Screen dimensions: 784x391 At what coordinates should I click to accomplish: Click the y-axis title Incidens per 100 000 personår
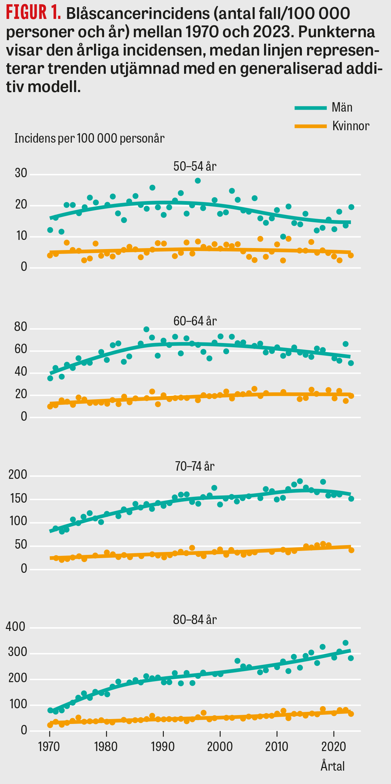(89, 138)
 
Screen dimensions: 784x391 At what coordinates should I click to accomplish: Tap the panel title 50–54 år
(195, 166)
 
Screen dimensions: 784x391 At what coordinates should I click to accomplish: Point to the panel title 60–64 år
(195, 321)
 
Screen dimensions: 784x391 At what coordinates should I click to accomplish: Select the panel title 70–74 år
(195, 466)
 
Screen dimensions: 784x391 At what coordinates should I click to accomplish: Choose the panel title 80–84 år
(195, 619)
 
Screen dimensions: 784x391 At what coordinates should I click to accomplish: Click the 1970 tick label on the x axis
(49, 746)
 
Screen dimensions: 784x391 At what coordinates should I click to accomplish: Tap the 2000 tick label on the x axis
(220, 746)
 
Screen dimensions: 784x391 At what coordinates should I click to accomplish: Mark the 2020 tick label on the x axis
(334, 746)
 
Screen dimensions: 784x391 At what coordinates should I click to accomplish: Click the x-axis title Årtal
(333, 766)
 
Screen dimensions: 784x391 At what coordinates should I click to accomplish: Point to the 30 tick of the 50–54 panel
(21, 173)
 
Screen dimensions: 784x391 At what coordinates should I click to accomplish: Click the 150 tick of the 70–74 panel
(18, 499)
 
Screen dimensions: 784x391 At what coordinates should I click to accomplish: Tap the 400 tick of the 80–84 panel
(16, 627)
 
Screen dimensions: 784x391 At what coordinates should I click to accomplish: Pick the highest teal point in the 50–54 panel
(198, 180)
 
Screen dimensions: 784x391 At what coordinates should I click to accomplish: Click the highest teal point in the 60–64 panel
(146, 329)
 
